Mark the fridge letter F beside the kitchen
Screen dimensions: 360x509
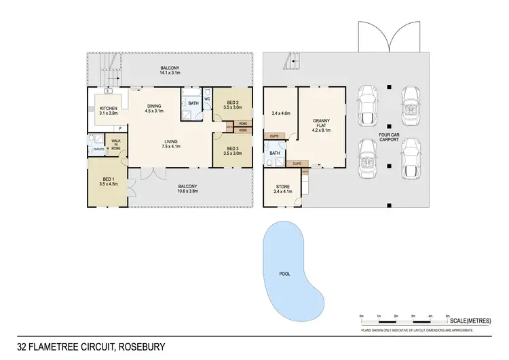click(x=120, y=128)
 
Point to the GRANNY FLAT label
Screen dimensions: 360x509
click(x=321, y=124)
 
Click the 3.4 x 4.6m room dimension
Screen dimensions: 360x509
click(x=280, y=113)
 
